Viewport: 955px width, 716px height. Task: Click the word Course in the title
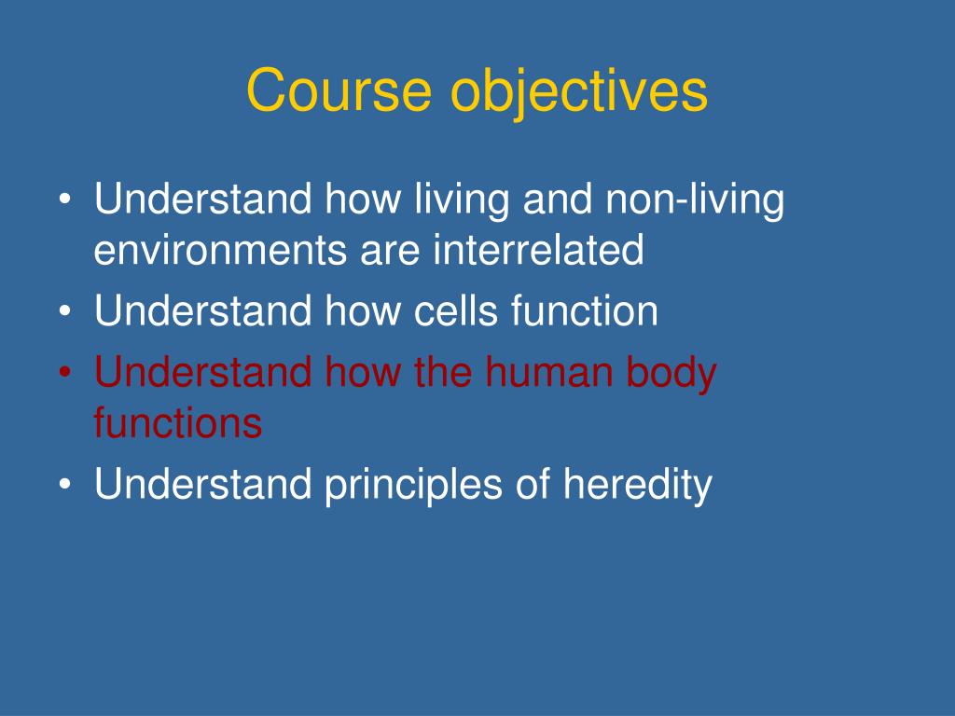tap(339, 90)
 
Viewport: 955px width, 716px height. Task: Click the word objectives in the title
tap(578, 93)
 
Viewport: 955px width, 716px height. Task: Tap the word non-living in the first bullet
tap(694, 200)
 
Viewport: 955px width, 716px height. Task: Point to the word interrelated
tap(538, 250)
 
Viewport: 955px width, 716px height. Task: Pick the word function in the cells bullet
tap(585, 310)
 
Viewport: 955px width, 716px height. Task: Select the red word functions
tap(178, 422)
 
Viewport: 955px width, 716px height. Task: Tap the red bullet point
tap(65, 372)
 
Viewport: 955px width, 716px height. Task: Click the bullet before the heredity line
tap(65, 485)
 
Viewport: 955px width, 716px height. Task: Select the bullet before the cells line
tap(65, 311)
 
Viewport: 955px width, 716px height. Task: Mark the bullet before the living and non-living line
tap(65, 200)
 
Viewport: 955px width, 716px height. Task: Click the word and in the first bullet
tap(558, 199)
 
